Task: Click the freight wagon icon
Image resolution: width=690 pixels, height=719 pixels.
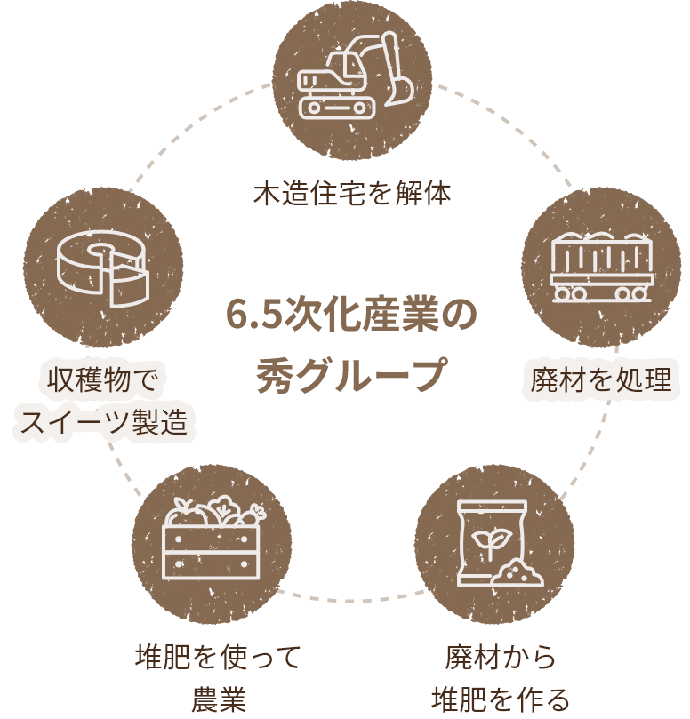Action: tap(603, 268)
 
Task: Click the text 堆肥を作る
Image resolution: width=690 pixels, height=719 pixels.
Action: tap(500, 699)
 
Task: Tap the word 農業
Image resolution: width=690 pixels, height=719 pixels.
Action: tap(218, 699)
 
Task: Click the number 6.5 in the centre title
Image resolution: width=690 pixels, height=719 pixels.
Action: tap(251, 316)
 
